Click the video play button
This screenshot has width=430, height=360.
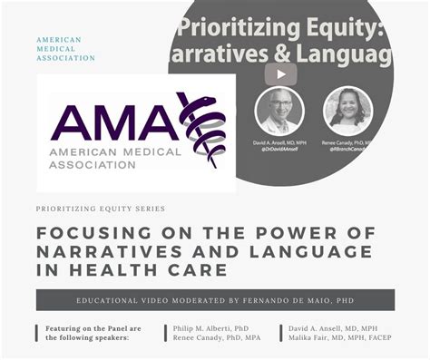(x=280, y=74)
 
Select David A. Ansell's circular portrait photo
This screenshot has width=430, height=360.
(x=279, y=111)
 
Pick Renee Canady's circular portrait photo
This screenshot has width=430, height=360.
(x=347, y=111)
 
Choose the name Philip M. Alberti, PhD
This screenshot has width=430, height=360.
(x=210, y=327)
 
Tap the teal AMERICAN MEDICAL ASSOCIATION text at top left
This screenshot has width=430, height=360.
(x=65, y=49)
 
